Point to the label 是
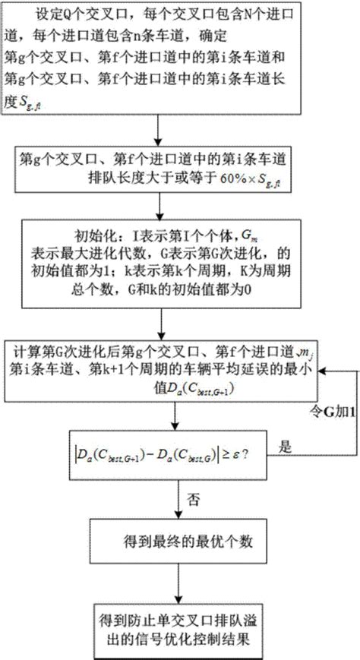coord(286,448)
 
